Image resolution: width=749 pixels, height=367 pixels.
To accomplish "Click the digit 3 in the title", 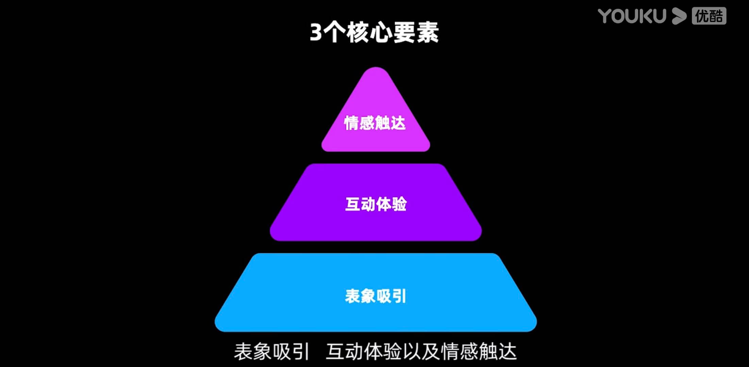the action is click(x=316, y=33).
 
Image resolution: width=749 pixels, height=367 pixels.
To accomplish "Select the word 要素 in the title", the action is click(x=416, y=33).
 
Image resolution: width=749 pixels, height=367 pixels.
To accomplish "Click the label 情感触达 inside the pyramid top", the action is click(x=375, y=123).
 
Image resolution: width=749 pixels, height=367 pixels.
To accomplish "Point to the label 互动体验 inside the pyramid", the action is click(x=376, y=204).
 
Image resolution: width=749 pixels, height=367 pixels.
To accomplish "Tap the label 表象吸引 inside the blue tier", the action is click(x=376, y=296).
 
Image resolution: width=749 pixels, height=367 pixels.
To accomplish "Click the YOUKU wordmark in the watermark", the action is click(x=632, y=16).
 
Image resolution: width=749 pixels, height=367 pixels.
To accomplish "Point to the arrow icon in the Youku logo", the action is click(x=679, y=16).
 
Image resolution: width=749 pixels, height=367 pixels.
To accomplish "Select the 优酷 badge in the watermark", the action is click(x=709, y=16).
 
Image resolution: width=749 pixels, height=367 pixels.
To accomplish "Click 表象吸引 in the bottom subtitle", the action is click(x=271, y=351).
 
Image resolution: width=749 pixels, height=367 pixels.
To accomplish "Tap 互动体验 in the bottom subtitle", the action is click(x=364, y=351).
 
